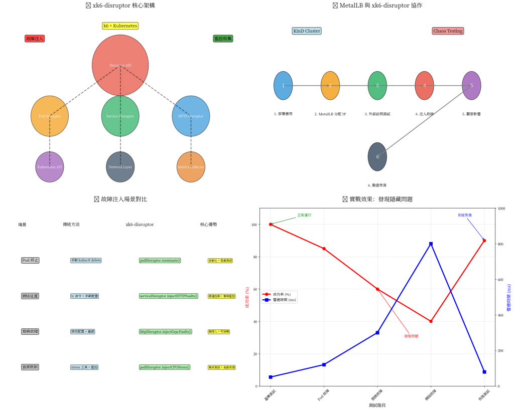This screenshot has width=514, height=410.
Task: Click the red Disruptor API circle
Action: point(120,65)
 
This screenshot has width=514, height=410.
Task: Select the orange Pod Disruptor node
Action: point(50,116)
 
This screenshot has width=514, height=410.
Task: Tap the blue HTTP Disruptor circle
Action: point(191,116)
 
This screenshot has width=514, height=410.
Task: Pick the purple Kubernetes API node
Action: point(50,166)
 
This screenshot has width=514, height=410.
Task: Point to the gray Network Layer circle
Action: point(120,166)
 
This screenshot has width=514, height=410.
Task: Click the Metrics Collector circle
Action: point(191,166)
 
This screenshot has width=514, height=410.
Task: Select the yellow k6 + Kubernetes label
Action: point(120,26)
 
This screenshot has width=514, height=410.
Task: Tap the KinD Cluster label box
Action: point(306,31)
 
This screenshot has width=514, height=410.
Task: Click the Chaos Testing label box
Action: point(448,31)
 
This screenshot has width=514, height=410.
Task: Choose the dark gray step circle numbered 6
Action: point(377,157)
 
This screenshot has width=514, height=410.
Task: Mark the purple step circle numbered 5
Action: point(471,86)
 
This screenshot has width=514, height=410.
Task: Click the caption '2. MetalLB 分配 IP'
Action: point(330,114)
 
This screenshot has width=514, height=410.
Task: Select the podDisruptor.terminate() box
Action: point(160,261)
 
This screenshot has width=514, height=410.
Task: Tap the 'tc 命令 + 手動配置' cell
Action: point(84,296)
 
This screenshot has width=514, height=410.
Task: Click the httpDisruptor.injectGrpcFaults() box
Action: point(166,332)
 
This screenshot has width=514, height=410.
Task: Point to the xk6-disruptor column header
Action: point(140,225)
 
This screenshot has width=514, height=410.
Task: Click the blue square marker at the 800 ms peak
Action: point(431,244)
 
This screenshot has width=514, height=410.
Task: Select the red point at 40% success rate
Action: point(431,321)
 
